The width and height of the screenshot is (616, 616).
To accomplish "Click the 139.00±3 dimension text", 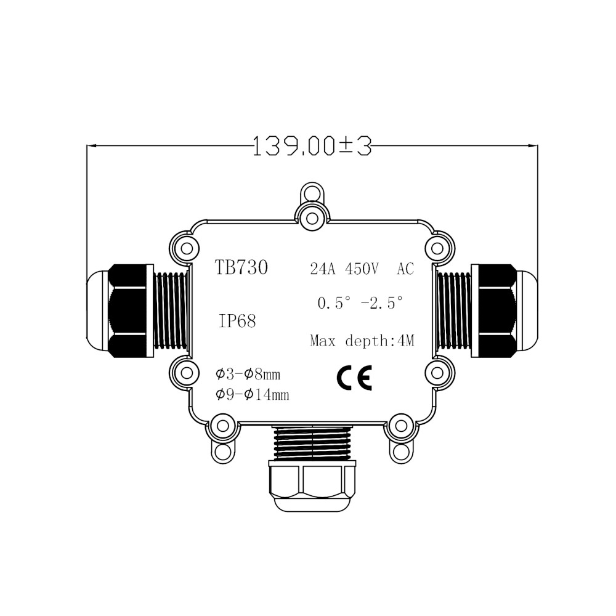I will pos(312,146).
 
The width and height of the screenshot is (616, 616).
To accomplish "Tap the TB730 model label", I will pos(241,268).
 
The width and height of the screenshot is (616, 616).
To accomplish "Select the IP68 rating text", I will pos(237,321).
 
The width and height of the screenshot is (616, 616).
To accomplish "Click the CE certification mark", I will pos(354,377).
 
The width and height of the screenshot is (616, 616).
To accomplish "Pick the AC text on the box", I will pos(405,269).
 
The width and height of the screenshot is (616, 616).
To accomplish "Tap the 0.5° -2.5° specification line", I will pos(360,303).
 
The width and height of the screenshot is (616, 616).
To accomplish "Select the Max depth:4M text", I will pos(362,341).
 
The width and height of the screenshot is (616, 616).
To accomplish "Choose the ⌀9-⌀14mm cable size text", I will pos(252,395).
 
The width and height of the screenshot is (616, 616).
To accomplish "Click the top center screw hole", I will pos(312,216).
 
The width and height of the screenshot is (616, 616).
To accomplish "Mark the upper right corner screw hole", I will pos(437,247).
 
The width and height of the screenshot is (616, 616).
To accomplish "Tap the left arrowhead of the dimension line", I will pos(91,146).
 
